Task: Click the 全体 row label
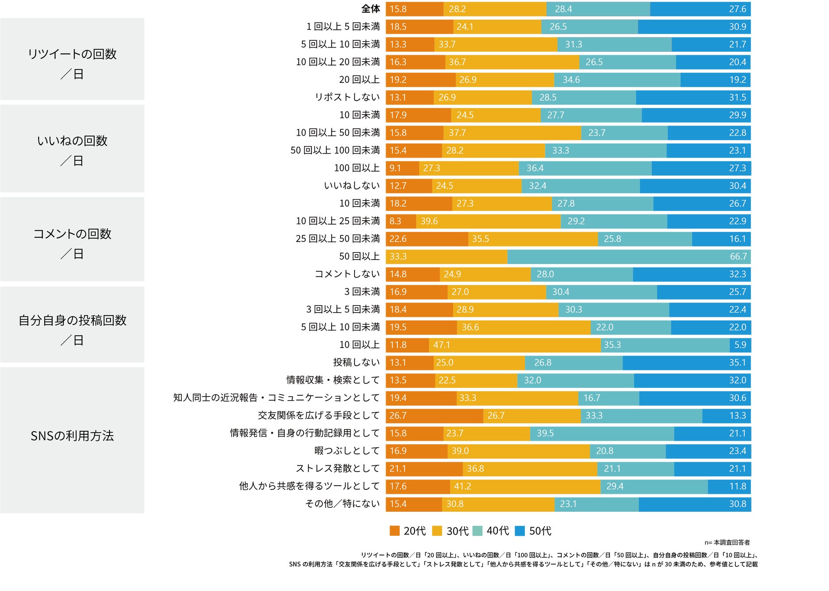[370, 9]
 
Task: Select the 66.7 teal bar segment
[629, 257]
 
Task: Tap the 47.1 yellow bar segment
[514, 345]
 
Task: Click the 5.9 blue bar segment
[740, 345]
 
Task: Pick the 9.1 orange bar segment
[402, 168]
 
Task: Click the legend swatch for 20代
[394, 531]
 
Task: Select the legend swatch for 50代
[520, 531]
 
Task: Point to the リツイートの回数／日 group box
[72, 59]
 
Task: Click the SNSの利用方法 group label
[72, 436]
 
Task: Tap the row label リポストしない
[347, 97]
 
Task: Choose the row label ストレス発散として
[337, 468]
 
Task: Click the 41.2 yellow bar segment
[525, 486]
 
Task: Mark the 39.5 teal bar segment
[602, 433]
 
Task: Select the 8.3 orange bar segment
[400, 221]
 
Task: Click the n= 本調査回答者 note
[727, 542]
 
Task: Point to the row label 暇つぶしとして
[347, 451]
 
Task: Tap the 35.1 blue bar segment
[686, 362]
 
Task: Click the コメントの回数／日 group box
[72, 239]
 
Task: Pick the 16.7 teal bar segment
[609, 398]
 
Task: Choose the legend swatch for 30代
[437, 531]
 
